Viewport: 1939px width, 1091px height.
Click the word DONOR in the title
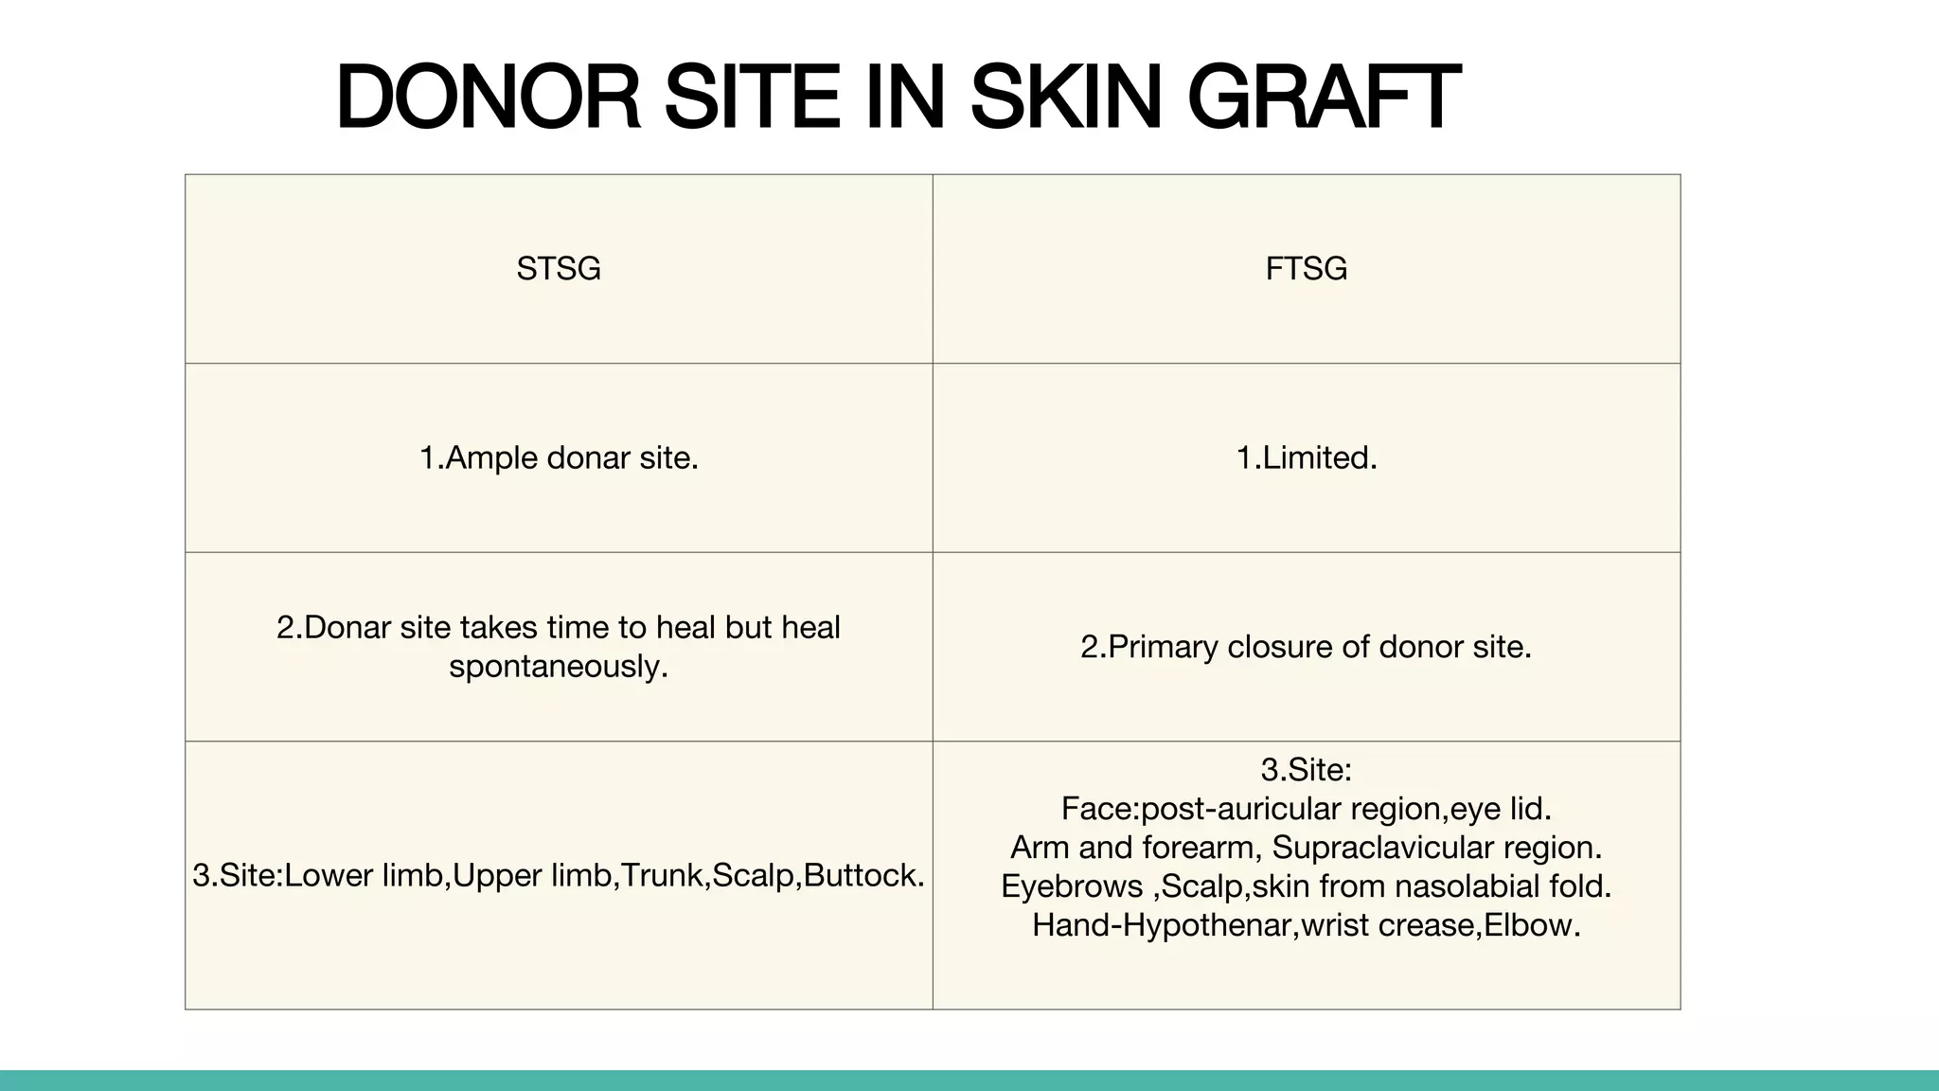coord(488,97)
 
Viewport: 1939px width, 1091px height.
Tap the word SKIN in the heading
coord(1065,97)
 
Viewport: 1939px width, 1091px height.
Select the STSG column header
coord(559,269)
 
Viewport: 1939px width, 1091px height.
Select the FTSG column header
coord(1306,269)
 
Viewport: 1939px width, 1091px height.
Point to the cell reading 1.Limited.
coord(1306,458)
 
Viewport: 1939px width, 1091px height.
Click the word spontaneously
coord(559,667)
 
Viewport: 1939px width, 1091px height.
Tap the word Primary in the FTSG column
coord(1163,647)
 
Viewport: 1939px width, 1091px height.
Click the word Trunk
coord(663,875)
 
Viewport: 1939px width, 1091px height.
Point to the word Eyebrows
coord(1071,886)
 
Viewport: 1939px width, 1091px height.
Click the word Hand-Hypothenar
coord(1162,925)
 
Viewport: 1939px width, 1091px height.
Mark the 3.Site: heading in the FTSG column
coord(1306,770)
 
